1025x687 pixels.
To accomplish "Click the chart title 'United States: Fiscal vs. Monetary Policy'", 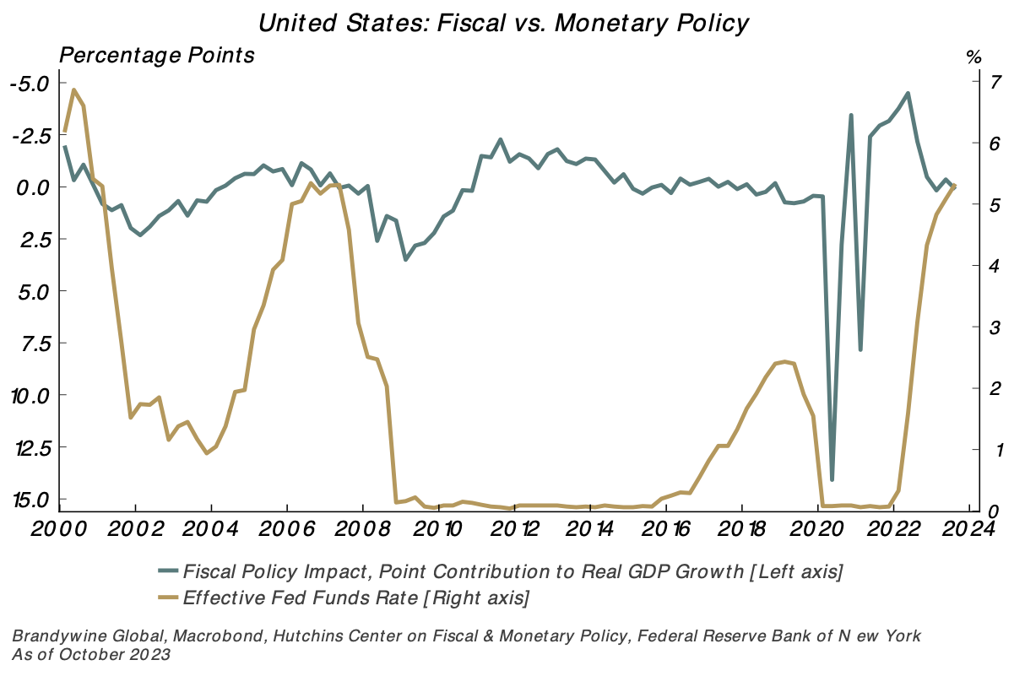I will pos(503,23).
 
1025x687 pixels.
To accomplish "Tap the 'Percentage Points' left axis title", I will pos(156,57).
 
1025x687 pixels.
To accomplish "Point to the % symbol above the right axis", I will pos(973,57).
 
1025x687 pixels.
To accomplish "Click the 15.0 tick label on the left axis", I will pos(31,499).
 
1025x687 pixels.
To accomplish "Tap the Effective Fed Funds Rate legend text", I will pos(355,598).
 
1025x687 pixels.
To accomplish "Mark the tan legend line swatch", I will pos(168,598).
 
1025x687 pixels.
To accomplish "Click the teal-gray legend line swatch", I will pos(168,571).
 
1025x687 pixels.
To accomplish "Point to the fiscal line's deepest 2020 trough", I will pos(832,479).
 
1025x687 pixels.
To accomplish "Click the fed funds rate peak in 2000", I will pos(73,89).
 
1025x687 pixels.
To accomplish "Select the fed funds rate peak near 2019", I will pos(784,361).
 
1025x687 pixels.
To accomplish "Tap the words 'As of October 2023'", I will pos(91,654).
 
